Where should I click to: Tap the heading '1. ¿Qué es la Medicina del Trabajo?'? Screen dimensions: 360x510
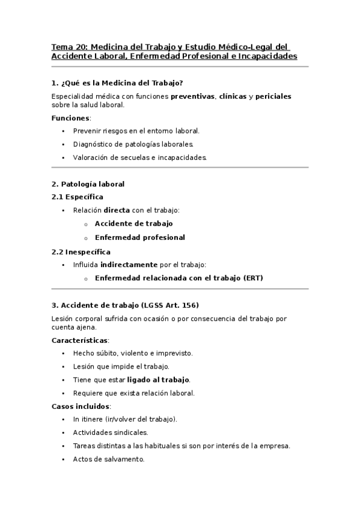click(117, 83)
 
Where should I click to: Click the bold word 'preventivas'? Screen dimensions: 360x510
click(192, 96)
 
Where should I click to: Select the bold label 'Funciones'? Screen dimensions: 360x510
click(70, 118)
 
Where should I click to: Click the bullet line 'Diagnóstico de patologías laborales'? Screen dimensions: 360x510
click(141, 144)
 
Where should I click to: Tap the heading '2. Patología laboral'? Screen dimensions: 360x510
click(88, 184)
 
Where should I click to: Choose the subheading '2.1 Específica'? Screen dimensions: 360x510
click(78, 197)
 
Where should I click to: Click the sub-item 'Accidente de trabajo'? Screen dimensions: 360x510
click(133, 224)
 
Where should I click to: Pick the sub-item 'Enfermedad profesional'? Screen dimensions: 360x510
click(139, 238)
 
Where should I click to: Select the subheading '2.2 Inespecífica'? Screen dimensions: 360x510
click(81, 252)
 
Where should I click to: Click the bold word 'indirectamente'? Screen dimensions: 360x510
click(129, 265)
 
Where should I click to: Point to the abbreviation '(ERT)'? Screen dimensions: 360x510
click(253, 278)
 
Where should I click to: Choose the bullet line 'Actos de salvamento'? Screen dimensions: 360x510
click(108, 459)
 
